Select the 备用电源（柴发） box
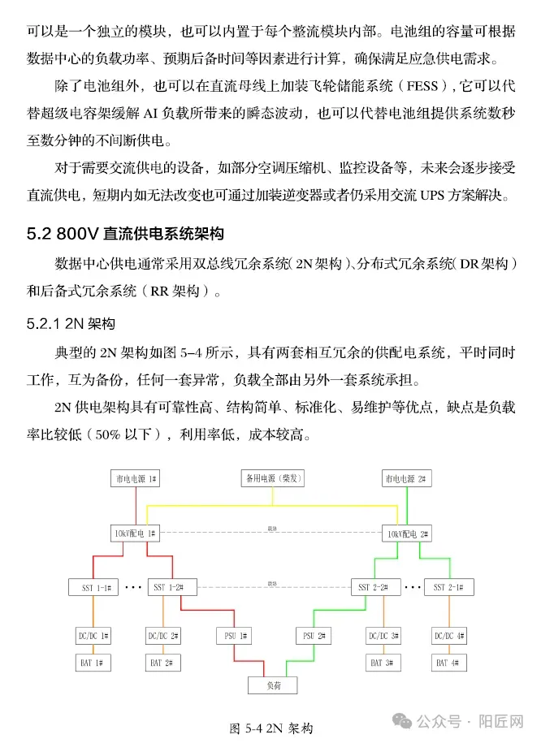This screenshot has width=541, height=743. click(x=271, y=479)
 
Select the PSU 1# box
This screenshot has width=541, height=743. click(x=235, y=634)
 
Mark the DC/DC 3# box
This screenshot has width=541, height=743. click(x=383, y=634)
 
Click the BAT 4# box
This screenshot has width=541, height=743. click(x=448, y=663)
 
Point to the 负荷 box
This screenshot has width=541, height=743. click(x=271, y=686)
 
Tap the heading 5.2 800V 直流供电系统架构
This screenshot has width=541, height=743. click(x=124, y=235)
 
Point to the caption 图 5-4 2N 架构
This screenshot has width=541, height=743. click(x=271, y=728)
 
